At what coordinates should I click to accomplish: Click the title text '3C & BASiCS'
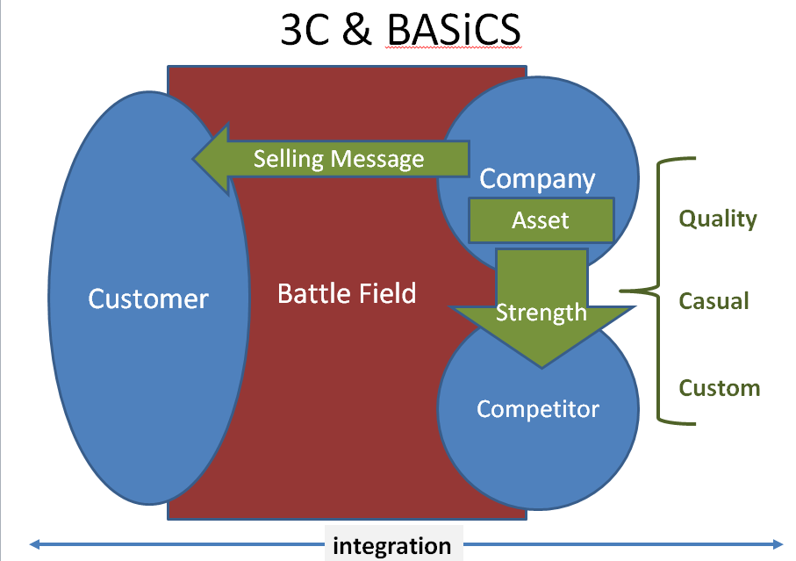[400, 32]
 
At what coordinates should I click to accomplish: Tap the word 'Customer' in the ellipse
[148, 298]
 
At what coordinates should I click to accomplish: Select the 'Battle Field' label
[347, 293]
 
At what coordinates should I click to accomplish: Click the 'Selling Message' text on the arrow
[339, 159]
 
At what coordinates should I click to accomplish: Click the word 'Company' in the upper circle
[537, 179]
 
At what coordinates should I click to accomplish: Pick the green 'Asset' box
[541, 220]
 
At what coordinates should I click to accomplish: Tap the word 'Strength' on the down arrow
[541, 312]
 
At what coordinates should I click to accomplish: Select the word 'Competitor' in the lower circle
[537, 408]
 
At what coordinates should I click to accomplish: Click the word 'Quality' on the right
[718, 218]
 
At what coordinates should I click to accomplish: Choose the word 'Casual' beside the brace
[714, 301]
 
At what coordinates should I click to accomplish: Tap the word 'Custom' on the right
[720, 387]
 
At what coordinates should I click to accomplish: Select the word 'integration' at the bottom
[392, 546]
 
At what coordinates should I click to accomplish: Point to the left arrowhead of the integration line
[35, 544]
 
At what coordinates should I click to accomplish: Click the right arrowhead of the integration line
[778, 544]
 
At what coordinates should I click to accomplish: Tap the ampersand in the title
[355, 32]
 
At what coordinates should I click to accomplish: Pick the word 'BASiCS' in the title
[455, 32]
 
